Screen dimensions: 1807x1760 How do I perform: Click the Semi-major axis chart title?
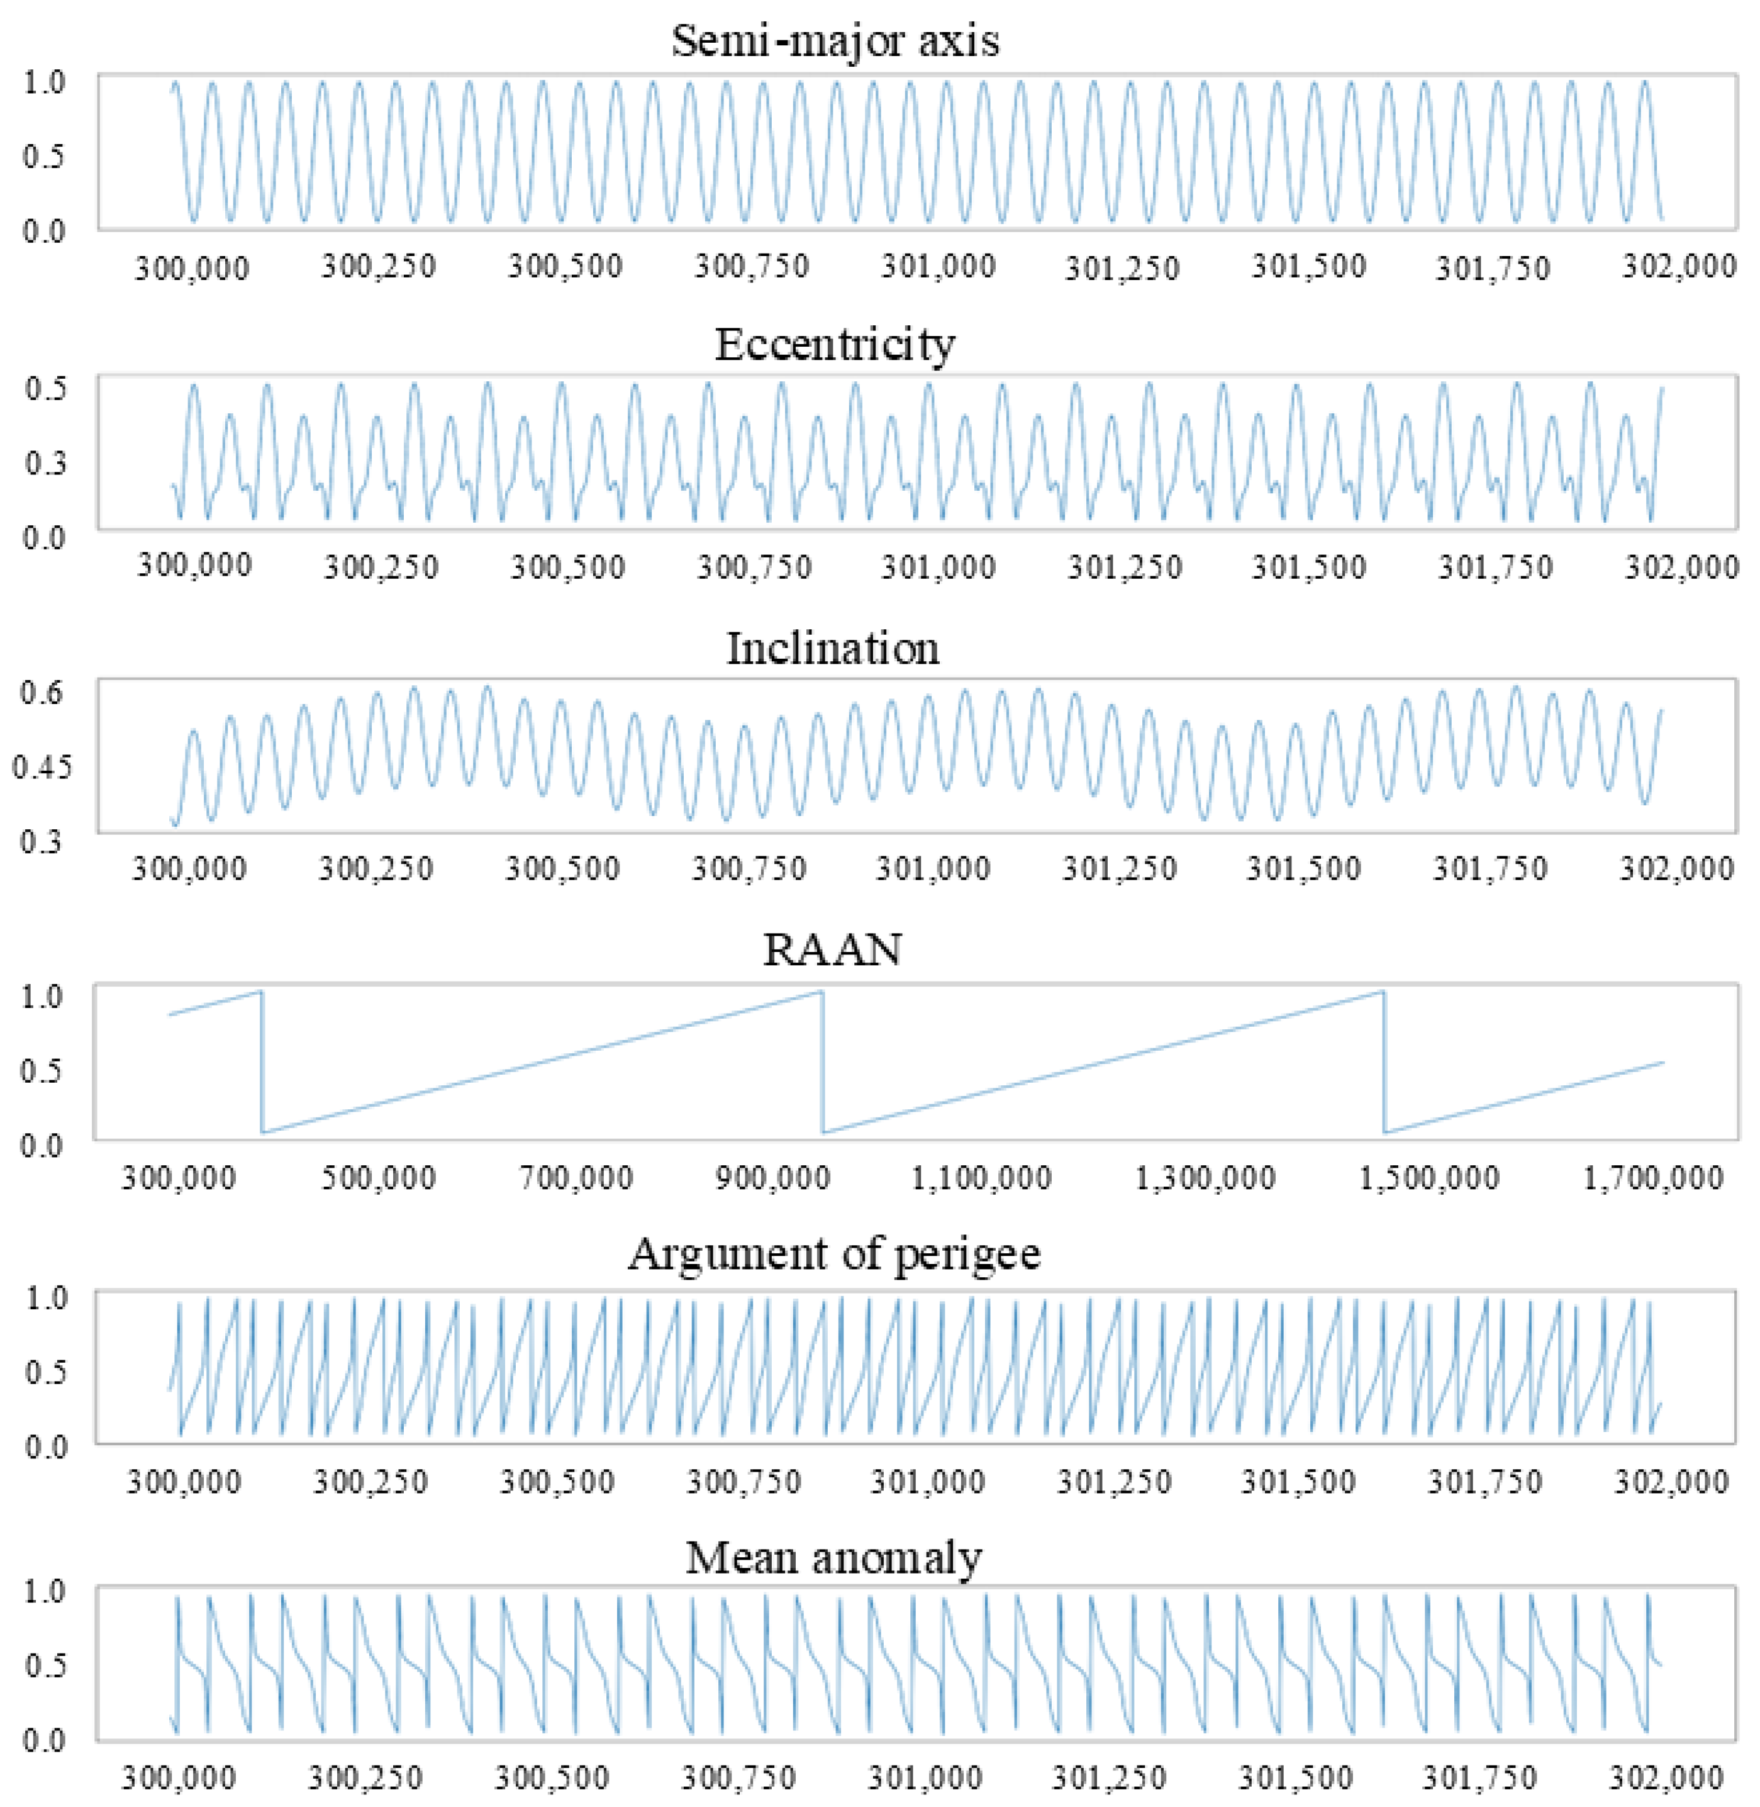click(x=835, y=42)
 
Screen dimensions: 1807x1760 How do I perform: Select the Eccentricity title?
click(x=835, y=345)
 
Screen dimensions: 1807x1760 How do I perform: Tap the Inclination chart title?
click(x=833, y=648)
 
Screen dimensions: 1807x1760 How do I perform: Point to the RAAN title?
click(x=832, y=949)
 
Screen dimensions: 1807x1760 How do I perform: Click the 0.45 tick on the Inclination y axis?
click(x=42, y=766)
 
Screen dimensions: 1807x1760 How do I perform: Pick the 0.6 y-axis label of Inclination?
click(x=42, y=691)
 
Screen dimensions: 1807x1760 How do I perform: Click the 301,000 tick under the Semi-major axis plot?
click(x=938, y=267)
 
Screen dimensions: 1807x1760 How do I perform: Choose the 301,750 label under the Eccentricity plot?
click(x=1496, y=566)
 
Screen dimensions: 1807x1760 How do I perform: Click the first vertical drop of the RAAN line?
click(x=262, y=1061)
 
